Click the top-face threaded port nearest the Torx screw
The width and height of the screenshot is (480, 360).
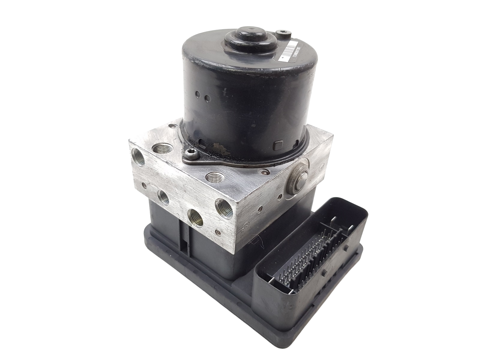(161, 148)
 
